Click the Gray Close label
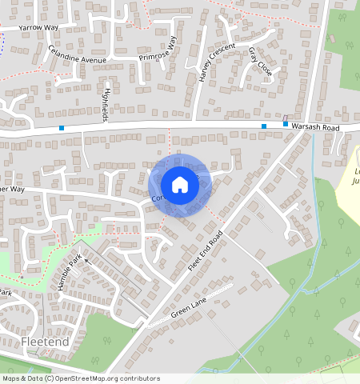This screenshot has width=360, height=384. tap(260, 62)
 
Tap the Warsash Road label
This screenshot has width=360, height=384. tap(316, 126)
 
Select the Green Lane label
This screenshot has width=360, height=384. tap(189, 309)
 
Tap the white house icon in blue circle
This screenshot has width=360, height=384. tap(180, 186)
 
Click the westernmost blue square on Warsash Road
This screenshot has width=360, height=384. tap(62, 127)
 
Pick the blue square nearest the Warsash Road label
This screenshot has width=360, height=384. tap(286, 124)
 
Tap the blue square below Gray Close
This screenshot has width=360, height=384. tap(264, 126)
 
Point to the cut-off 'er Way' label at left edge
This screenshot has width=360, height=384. tap(14, 190)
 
